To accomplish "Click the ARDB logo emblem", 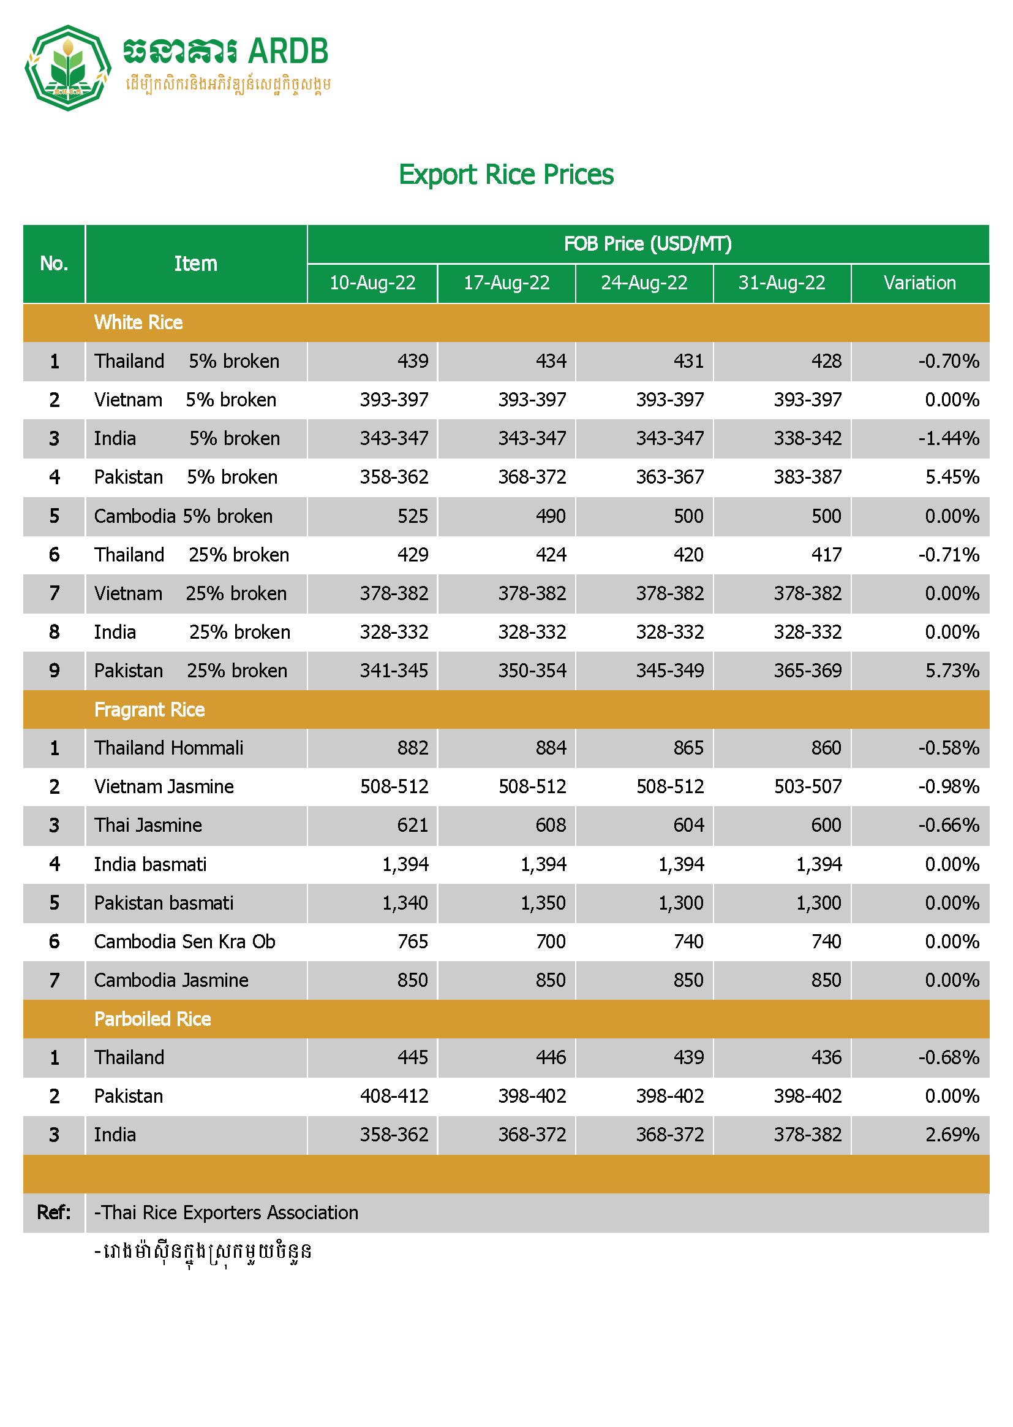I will click(x=68, y=68).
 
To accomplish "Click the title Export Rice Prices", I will click(x=506, y=175).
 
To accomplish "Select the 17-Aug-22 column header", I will click(x=506, y=283).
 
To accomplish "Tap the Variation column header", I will click(x=919, y=283).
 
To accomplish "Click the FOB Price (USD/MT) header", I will click(x=647, y=243).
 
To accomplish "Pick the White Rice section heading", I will click(x=138, y=322).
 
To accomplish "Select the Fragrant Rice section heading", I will click(x=149, y=710).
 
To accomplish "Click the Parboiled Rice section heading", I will click(x=153, y=1019).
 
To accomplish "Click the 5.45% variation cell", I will click(x=952, y=477).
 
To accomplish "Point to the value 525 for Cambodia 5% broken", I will click(x=412, y=516).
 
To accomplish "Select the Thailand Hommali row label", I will click(x=169, y=748).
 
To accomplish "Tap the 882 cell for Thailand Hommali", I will click(x=412, y=748).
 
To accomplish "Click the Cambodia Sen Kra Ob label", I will click(x=184, y=942).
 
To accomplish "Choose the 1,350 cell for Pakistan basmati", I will click(x=543, y=903).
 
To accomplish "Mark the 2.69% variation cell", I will click(x=952, y=1134).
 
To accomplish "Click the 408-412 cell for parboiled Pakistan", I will click(x=394, y=1096).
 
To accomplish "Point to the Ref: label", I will click(x=54, y=1212).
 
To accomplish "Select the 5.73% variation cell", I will click(x=952, y=671).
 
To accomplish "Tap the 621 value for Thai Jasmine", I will click(x=412, y=825).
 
